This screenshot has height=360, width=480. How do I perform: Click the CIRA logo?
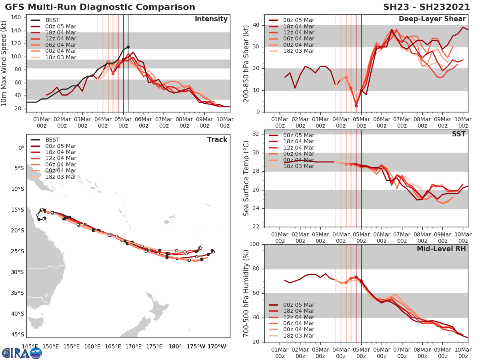pyautogui.click(x=22, y=353)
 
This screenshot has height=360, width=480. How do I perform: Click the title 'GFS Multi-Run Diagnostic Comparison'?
pyautogui.click(x=100, y=7)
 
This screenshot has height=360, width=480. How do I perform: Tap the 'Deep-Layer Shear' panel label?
pyautogui.click(x=432, y=19)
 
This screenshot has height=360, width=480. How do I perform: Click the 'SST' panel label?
pyautogui.click(x=459, y=134)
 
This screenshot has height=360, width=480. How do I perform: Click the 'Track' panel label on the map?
pyautogui.click(x=217, y=140)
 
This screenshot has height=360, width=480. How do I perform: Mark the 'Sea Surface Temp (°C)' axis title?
pyautogui.click(x=246, y=178)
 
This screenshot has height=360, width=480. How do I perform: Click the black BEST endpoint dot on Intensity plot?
pyautogui.click(x=128, y=47)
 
